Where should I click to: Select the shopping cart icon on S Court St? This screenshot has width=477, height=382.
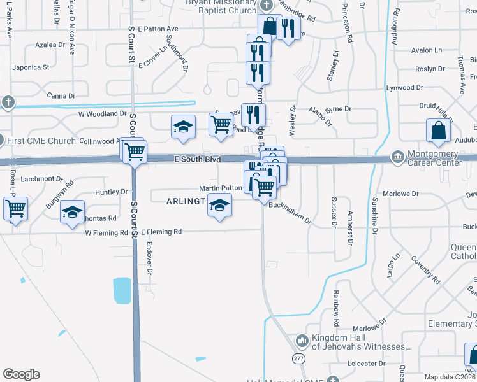pos(135,152)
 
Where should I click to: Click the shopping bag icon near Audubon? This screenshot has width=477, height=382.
pos(439,130)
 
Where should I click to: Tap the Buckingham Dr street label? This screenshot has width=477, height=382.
pos(290,213)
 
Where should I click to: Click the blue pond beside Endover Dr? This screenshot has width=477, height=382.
pos(122,291)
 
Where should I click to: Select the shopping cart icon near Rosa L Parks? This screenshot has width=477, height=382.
pos(16,207)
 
